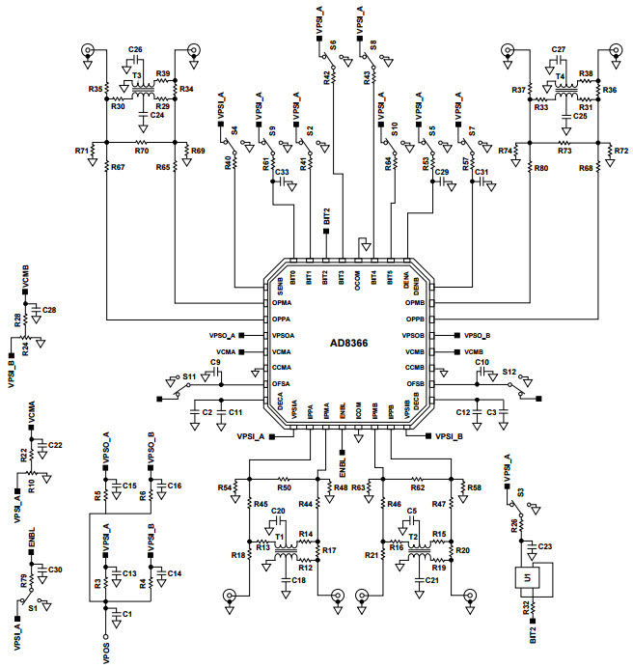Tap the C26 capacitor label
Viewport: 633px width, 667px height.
pyautogui.click(x=136, y=49)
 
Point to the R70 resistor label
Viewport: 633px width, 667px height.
pyautogui.click(x=141, y=152)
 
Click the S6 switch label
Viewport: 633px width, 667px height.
pyautogui.click(x=333, y=44)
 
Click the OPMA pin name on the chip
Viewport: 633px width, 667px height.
pyautogui.click(x=283, y=302)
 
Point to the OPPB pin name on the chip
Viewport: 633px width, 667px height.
pyautogui.click(x=415, y=318)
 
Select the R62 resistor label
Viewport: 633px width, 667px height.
pyautogui.click(x=418, y=488)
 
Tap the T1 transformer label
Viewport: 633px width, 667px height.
pyautogui.click(x=278, y=536)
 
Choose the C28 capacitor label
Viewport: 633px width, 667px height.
pyautogui.click(x=50, y=310)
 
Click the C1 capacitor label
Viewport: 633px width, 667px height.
pyautogui.click(x=127, y=614)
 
